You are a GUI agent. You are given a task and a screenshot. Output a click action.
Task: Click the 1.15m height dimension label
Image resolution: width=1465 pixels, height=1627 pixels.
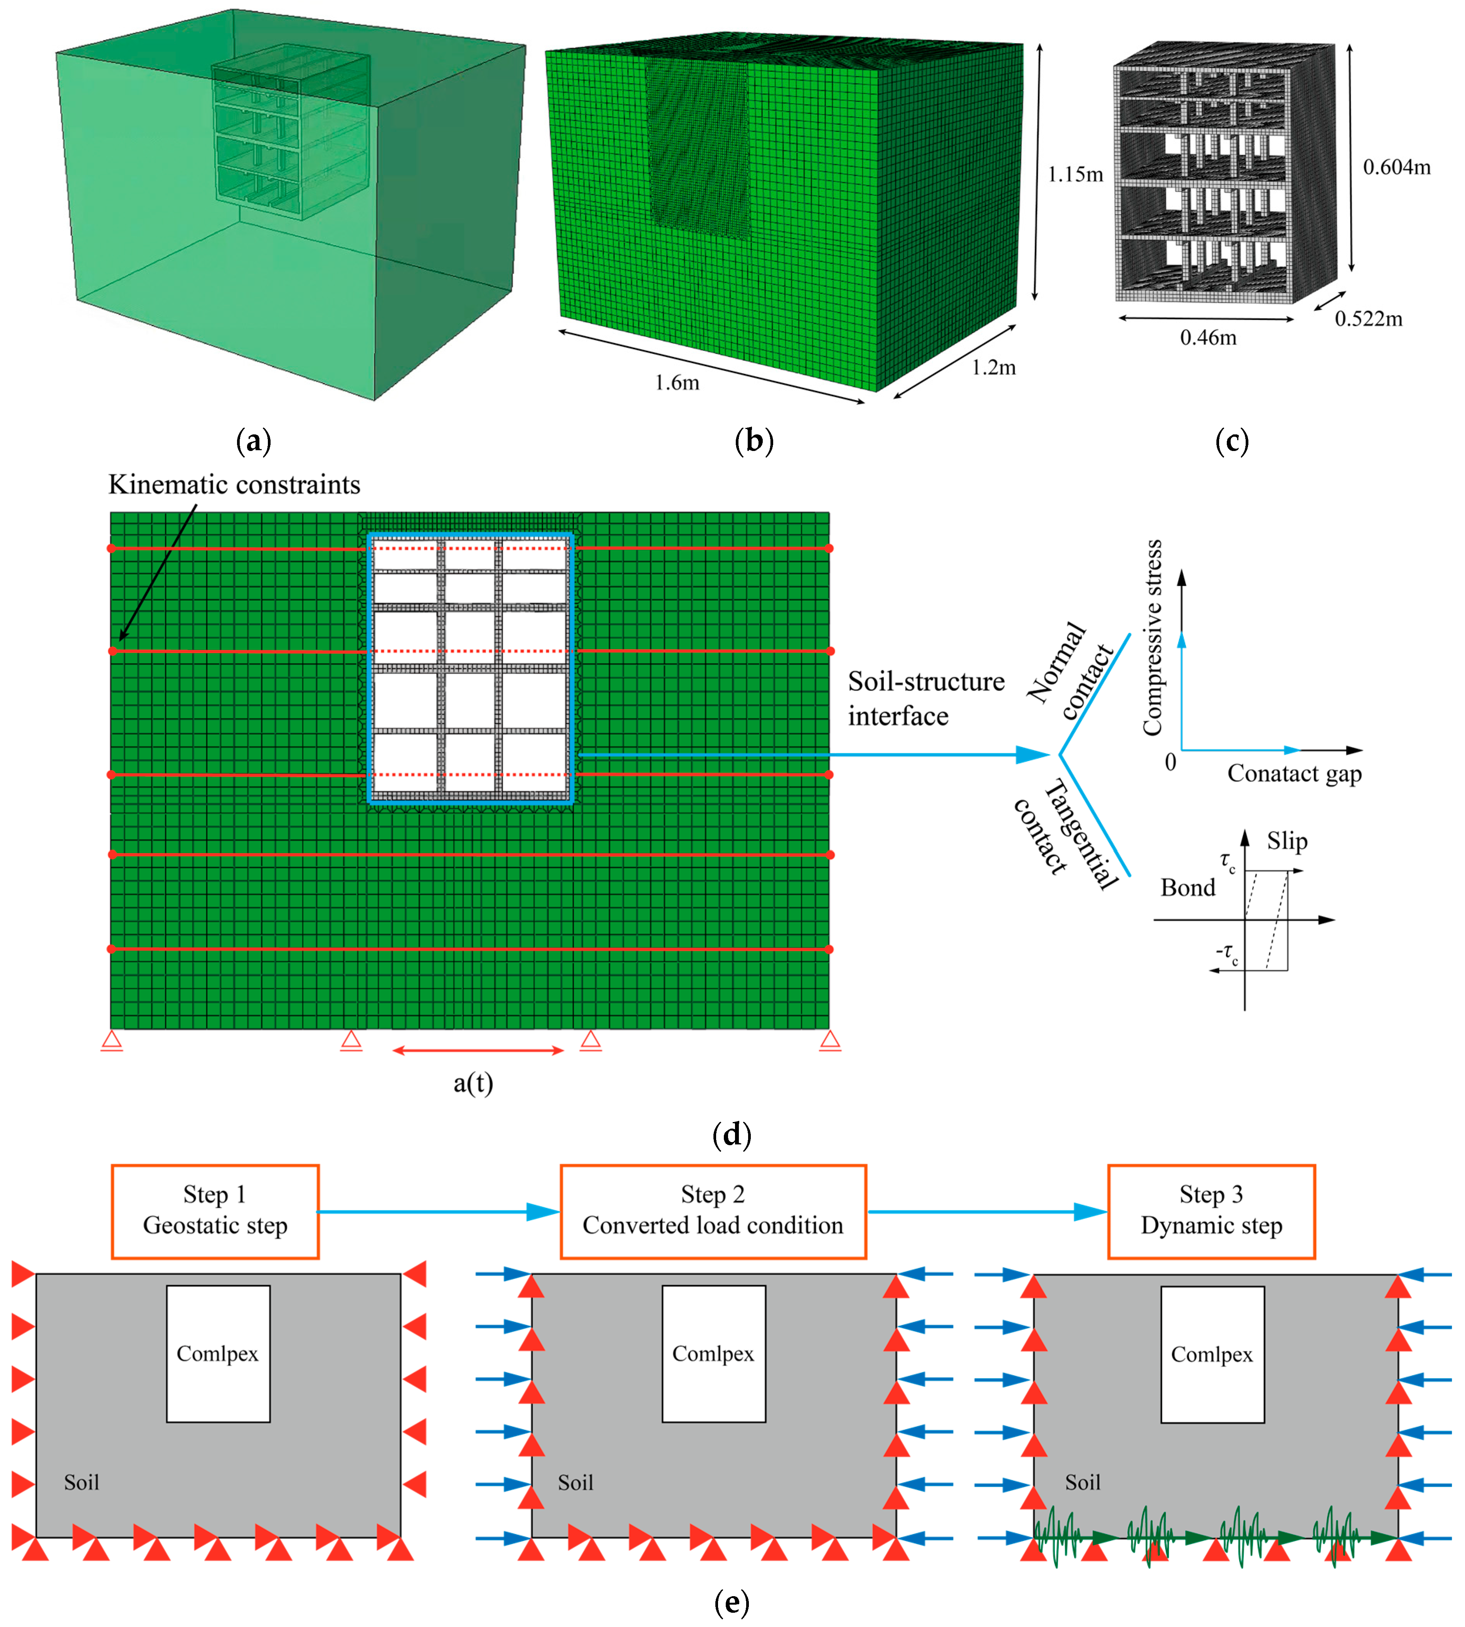[x=1075, y=175]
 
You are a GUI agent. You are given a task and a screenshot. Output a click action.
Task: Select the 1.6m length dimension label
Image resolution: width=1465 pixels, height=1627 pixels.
[x=677, y=382]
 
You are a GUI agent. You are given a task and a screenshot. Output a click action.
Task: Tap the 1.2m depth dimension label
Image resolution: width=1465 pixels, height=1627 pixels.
[x=993, y=368]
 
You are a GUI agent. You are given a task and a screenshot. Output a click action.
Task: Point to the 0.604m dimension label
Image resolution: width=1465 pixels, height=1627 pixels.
[x=1396, y=167]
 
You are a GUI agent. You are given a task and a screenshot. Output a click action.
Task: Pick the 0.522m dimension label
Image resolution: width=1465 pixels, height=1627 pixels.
[x=1368, y=319]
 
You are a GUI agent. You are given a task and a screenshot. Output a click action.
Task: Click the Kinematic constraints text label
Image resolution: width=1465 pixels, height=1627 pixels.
[x=234, y=485]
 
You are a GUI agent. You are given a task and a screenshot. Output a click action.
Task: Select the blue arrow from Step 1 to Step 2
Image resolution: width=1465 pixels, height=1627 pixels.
[x=439, y=1211]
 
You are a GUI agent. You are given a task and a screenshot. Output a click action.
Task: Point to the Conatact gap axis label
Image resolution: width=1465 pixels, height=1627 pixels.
[x=1294, y=774]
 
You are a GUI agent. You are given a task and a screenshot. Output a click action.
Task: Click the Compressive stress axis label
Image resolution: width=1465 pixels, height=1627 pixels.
[x=1153, y=638]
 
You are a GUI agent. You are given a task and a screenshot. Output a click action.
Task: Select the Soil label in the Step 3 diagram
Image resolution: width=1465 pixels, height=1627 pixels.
[x=1082, y=1482]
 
